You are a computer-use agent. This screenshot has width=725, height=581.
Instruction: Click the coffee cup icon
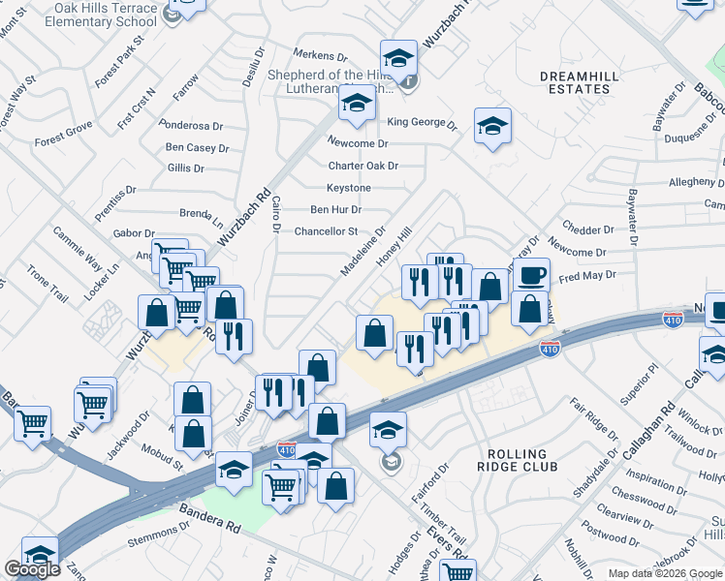530,275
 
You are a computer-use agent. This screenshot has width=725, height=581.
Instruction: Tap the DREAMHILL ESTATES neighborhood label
577,81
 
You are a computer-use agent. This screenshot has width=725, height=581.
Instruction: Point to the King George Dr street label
422,123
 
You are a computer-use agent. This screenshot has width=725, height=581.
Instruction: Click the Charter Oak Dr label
363,166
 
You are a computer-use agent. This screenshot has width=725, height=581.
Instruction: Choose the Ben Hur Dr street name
335,209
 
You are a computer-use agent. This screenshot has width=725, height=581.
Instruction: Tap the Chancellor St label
327,231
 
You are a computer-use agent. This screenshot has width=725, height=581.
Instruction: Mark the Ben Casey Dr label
197,148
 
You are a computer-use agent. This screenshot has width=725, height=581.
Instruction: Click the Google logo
32,569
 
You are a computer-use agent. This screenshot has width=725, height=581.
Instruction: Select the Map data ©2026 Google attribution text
664,573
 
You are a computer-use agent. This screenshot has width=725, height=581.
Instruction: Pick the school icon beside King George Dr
492,126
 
